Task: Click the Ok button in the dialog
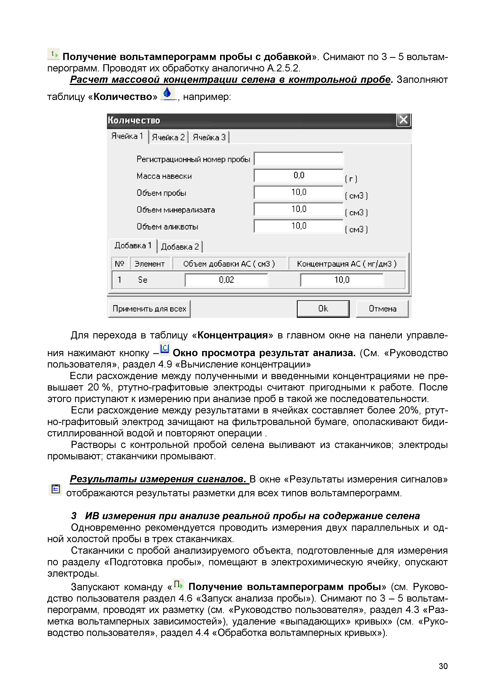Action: [323, 309]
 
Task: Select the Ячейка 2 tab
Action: [168, 137]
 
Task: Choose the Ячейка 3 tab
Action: [209, 137]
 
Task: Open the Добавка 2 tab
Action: [180, 247]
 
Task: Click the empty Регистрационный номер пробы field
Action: [298, 159]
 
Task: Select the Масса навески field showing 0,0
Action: [298, 176]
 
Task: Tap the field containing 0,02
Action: [226, 280]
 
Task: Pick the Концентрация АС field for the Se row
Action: [342, 280]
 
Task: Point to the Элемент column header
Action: [150, 264]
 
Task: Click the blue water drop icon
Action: [167, 93]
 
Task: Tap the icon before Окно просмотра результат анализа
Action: [165, 349]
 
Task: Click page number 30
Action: [443, 666]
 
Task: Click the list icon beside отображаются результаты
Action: [55, 489]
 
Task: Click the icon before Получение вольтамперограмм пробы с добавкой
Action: [54, 54]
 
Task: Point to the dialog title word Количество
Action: [134, 121]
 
